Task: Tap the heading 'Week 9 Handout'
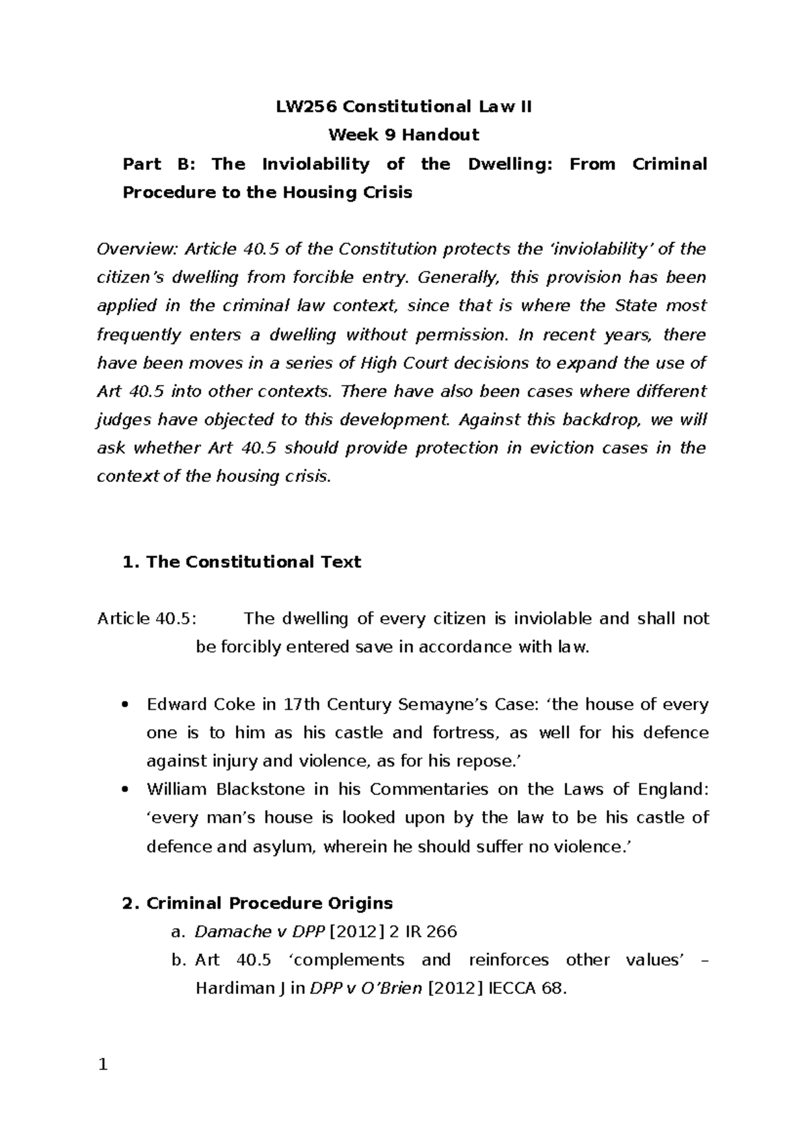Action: (403, 135)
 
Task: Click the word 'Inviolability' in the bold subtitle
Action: (315, 164)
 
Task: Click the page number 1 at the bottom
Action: (103, 1065)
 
